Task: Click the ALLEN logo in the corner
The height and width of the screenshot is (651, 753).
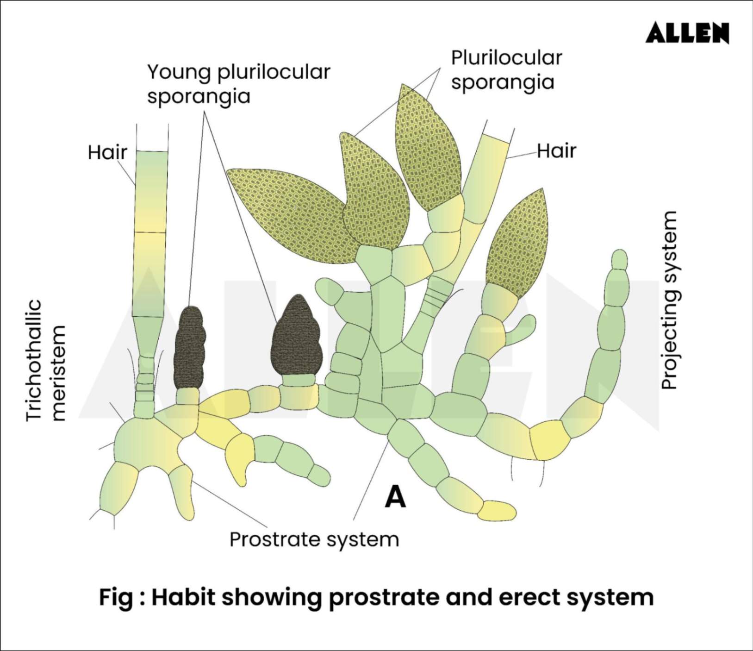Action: click(x=687, y=33)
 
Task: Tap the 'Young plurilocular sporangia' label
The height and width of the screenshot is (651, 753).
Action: click(x=238, y=84)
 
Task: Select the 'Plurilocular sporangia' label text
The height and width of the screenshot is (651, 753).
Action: click(x=506, y=70)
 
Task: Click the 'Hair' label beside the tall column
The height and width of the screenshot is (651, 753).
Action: click(x=107, y=152)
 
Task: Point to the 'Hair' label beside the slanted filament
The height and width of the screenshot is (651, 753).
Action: click(x=556, y=151)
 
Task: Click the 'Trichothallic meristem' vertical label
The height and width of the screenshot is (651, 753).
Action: click(x=46, y=361)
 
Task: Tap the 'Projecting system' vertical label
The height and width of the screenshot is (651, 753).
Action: click(x=669, y=300)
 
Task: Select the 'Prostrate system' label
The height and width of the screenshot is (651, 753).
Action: click(x=314, y=539)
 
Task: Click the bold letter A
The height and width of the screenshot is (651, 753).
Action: click(x=395, y=497)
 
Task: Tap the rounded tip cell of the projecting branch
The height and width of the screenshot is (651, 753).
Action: click(x=619, y=259)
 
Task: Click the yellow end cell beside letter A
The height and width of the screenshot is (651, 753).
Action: click(x=497, y=511)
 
